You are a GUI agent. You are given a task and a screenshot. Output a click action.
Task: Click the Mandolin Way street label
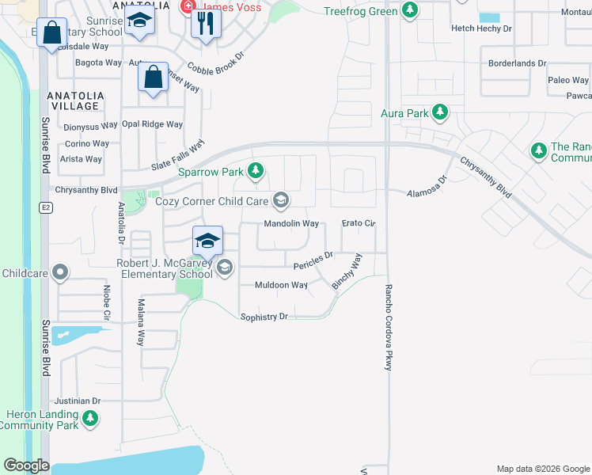(x=291, y=224)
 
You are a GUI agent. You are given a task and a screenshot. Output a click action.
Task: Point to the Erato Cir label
(x=358, y=224)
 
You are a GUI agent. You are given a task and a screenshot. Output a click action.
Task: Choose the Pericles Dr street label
(x=313, y=258)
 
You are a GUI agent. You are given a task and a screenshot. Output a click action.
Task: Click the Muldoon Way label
(x=281, y=285)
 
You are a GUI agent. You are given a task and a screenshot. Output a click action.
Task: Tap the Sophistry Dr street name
(x=264, y=317)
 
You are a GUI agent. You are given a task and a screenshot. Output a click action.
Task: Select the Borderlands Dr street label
(x=518, y=63)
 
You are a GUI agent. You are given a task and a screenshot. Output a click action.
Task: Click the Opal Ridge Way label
(x=152, y=124)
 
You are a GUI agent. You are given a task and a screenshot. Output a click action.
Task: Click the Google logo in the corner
(x=26, y=465)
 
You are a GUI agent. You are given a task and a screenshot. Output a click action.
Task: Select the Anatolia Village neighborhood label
(x=74, y=101)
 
